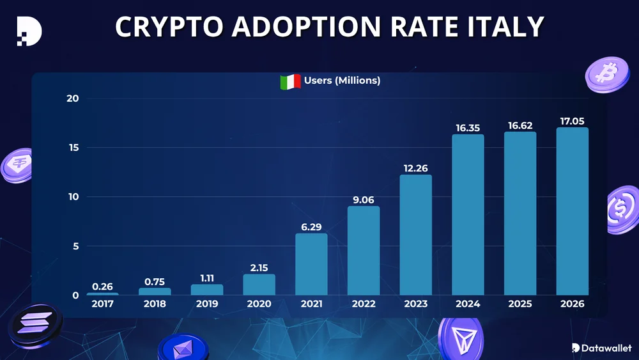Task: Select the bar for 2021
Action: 311,263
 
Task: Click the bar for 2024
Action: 468,214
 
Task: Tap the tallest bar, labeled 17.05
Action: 573,211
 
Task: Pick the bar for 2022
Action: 364,250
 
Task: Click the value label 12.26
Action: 415,168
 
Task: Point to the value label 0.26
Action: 102,286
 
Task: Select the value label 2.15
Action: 259,268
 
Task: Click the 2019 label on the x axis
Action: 207,304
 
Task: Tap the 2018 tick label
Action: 155,304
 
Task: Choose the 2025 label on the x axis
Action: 520,304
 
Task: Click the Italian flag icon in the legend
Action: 290,81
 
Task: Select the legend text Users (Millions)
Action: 343,81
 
